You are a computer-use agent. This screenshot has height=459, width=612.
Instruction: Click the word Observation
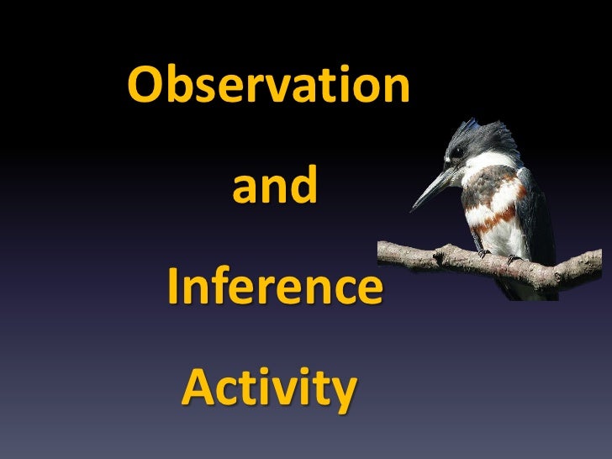click(x=269, y=86)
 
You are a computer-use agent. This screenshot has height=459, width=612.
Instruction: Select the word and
click(x=275, y=187)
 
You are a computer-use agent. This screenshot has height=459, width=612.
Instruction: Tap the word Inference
click(x=274, y=288)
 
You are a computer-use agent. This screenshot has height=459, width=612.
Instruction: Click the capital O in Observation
click(x=145, y=86)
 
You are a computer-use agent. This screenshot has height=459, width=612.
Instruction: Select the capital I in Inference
click(x=174, y=288)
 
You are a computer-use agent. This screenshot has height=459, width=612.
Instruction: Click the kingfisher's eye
click(x=458, y=152)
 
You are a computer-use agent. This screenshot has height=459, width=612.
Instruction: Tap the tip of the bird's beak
click(x=413, y=209)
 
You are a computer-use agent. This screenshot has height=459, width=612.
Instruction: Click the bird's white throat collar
click(x=479, y=168)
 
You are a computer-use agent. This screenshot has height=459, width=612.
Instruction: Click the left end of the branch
click(x=383, y=249)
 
